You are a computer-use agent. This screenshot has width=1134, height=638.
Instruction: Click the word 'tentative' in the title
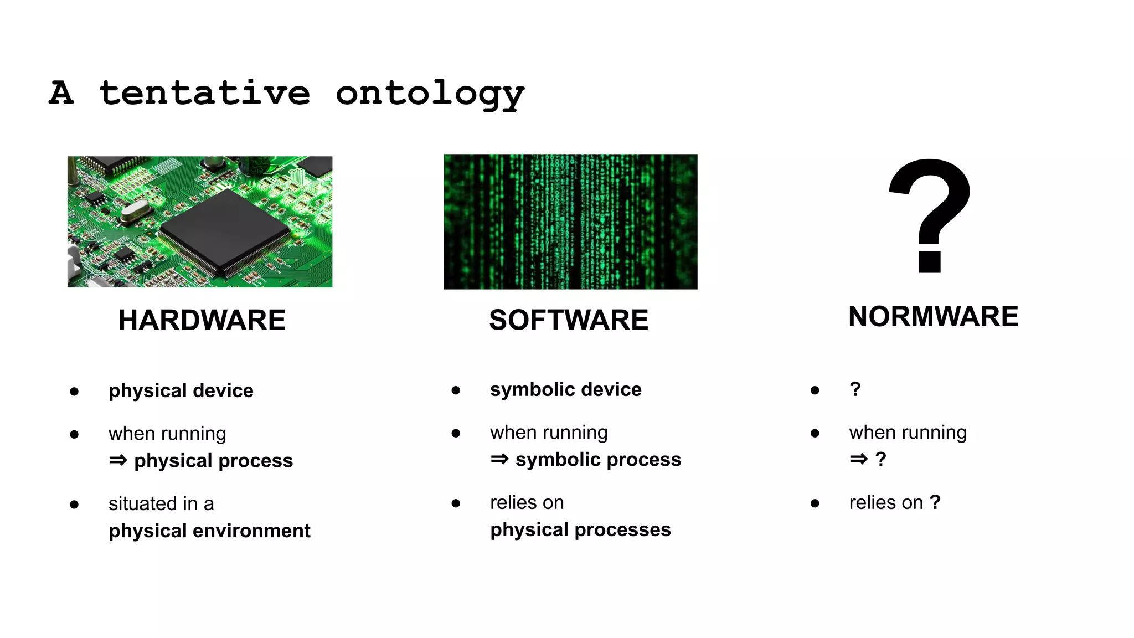(204, 93)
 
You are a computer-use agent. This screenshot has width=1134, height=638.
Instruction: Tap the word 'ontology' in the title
(430, 94)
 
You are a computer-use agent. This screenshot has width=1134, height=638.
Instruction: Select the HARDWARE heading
(202, 320)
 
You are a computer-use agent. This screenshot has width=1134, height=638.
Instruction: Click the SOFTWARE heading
(569, 320)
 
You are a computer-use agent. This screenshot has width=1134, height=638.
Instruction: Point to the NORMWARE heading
(933, 317)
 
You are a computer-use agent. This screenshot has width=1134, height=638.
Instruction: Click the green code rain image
(570, 222)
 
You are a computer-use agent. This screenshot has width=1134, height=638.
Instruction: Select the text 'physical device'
(181, 391)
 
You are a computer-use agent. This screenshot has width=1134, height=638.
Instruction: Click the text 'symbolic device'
(565, 390)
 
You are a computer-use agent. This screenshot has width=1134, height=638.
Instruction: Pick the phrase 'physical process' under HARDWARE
(213, 461)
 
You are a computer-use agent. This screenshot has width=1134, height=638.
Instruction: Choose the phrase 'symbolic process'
(598, 460)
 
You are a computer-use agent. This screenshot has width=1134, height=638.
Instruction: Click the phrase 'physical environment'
(209, 531)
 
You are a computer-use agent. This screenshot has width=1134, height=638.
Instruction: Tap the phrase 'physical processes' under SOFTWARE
(580, 530)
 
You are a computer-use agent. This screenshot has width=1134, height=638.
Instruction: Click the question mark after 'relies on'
(935, 502)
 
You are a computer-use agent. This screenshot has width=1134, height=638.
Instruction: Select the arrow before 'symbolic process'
(499, 459)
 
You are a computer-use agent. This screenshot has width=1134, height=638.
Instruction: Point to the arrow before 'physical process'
(118, 460)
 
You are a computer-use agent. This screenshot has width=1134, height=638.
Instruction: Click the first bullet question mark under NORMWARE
(855, 389)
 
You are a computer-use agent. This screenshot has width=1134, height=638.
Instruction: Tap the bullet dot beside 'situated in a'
(74, 505)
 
